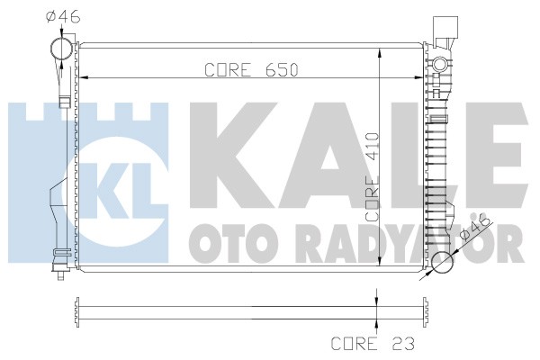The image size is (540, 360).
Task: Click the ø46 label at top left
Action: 63,16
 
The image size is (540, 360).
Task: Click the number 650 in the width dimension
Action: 281,70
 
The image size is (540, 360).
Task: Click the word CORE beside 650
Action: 228,70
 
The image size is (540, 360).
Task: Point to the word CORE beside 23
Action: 354,344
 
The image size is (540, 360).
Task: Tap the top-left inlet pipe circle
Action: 61,49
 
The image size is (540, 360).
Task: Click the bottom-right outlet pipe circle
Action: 442,262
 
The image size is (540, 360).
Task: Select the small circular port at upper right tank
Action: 439,64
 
